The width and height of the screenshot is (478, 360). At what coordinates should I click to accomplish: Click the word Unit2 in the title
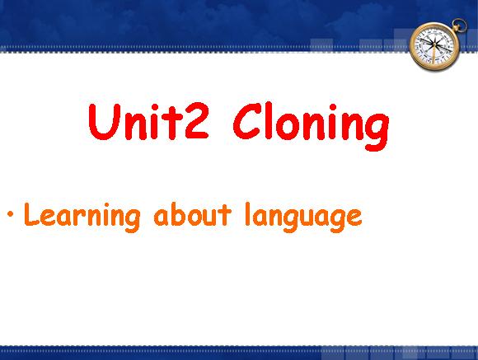coord(148,122)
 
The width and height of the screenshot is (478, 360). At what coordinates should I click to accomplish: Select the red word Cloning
coord(311,126)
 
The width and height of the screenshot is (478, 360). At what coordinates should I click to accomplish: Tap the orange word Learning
coord(82,217)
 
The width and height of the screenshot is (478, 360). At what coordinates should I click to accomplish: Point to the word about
coord(192,215)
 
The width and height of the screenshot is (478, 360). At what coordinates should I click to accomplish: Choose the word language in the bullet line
coord(303,217)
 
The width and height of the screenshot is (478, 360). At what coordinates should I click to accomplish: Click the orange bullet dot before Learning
coord(11,213)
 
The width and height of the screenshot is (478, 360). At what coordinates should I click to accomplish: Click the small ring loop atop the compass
coord(459,25)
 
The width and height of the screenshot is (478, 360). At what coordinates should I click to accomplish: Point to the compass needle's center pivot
coord(434,46)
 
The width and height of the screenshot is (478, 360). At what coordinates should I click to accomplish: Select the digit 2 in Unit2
coord(197,122)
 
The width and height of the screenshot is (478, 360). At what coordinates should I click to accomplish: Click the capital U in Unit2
coord(103,122)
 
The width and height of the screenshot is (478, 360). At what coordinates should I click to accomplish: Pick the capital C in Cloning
coord(247,121)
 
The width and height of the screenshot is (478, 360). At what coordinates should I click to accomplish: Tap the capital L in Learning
coord(31,213)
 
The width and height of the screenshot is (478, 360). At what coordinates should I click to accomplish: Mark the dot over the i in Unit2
coord(155,108)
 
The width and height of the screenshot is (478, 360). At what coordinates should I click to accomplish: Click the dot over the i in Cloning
coord(333,108)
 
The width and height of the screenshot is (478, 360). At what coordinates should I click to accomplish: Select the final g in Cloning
coord(377,132)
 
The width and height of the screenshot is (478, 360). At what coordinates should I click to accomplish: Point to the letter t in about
coord(224,215)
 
